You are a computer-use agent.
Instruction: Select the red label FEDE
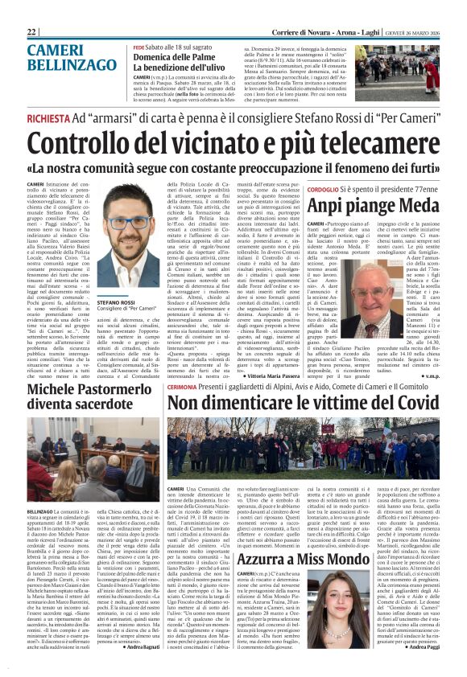[140, 47]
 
